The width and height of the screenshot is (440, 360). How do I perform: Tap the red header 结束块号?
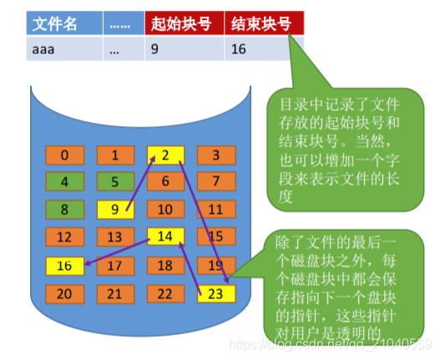[263, 24]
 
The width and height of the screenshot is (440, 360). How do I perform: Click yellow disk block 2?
[166, 155]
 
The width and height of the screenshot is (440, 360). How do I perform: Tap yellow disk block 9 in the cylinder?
[116, 210]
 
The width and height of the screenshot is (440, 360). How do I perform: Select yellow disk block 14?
[166, 237]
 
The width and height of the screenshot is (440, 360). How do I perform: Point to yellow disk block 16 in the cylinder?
[65, 266]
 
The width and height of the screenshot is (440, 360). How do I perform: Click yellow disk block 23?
[216, 294]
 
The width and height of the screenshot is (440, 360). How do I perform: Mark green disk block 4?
[65, 181]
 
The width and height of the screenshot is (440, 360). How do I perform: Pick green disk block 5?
[116, 181]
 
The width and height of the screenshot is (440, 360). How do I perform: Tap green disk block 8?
[65, 210]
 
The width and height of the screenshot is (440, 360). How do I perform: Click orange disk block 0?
[65, 155]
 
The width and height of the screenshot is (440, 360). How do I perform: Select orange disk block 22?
[166, 294]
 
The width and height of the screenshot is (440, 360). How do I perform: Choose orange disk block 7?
[216, 181]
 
